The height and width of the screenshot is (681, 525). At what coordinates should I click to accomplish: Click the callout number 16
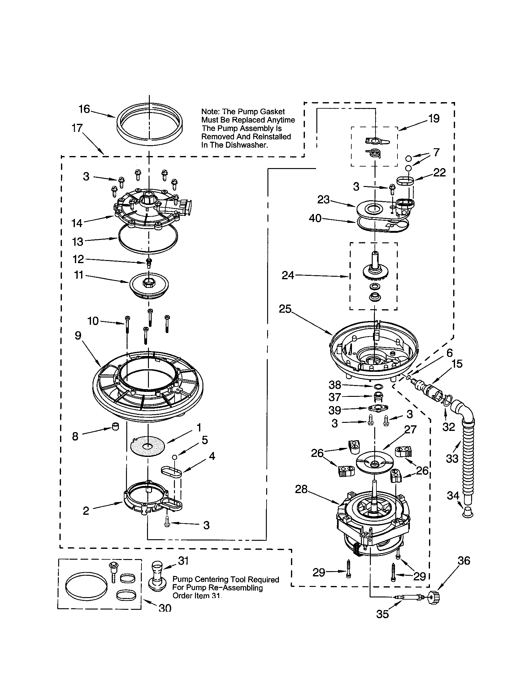pos(84,109)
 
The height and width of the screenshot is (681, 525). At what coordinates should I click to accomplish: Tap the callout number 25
pos(285,309)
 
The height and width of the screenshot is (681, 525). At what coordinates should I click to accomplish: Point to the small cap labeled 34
pos(467,512)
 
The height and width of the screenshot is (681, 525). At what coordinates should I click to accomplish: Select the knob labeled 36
pos(435,597)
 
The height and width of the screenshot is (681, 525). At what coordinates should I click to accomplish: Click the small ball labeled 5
pos(175,457)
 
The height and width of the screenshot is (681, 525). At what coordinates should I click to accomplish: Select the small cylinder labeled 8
pos(115,426)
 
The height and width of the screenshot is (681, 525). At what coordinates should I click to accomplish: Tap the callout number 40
pos(315,218)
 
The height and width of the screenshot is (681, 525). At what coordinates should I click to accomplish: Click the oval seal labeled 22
pos(405,180)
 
